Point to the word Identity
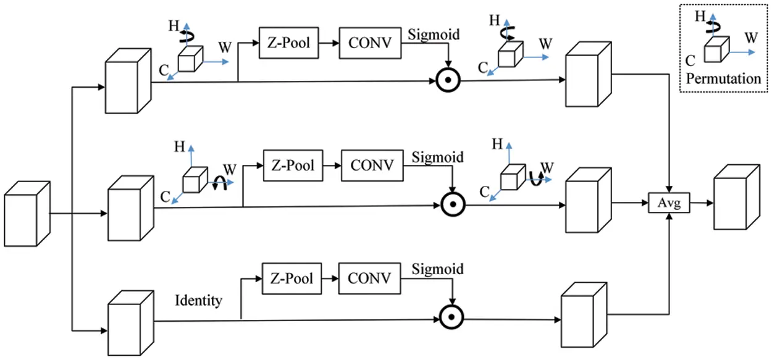tap(198, 301)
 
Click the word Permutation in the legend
tap(723, 79)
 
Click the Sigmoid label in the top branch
tap(434, 35)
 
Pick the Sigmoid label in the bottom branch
tap(437, 269)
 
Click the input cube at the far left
tap(27, 214)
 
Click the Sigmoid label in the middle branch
tap(437, 157)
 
